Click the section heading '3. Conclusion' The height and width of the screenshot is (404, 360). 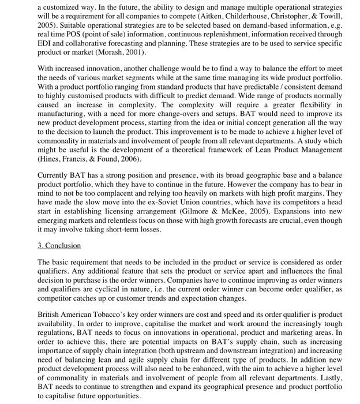click(59, 245)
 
